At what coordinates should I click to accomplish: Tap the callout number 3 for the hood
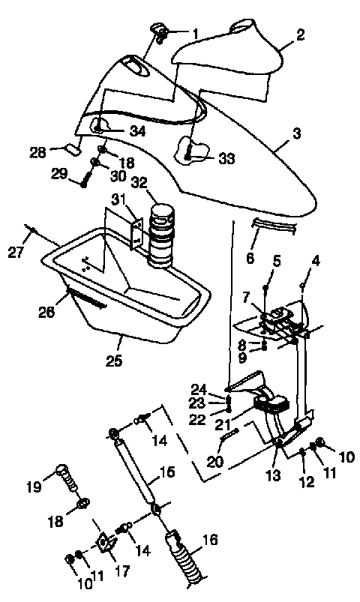pos(297,134)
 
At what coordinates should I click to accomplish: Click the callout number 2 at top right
pos(300,34)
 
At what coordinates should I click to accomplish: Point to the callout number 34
pos(136,131)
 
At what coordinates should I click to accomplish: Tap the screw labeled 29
pos(84,180)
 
